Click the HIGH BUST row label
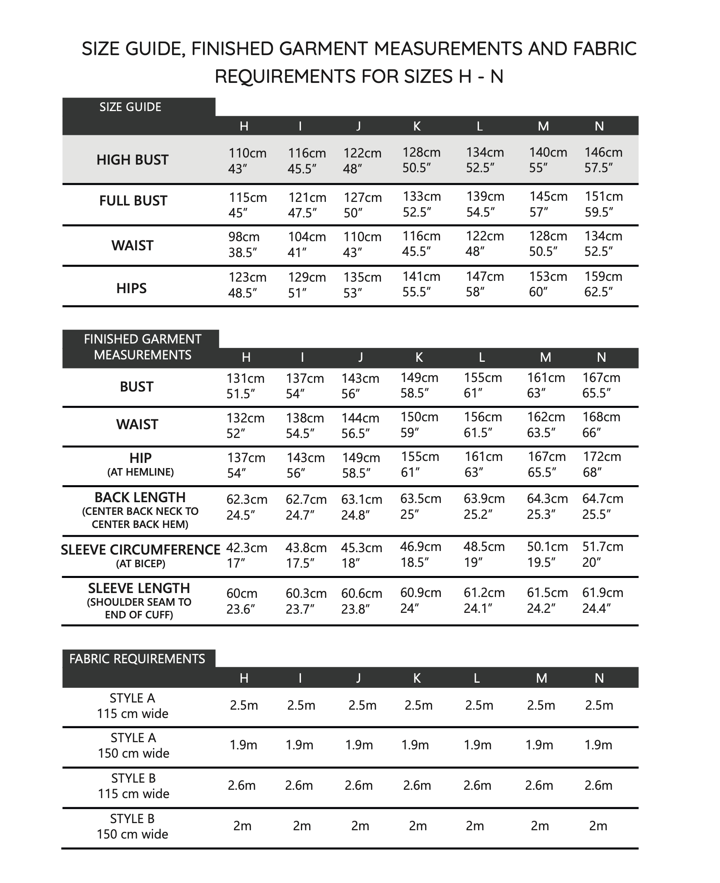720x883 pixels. [x=132, y=160]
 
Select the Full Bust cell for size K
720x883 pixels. [x=421, y=204]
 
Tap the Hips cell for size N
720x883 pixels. [x=603, y=284]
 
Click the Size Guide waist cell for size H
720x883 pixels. [x=244, y=244]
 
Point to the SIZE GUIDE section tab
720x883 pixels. [x=130, y=107]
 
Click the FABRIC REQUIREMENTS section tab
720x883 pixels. [x=137, y=658]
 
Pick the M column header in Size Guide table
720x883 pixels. [x=543, y=126]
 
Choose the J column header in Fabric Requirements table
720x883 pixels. [x=358, y=678]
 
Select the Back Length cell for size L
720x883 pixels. [x=484, y=506]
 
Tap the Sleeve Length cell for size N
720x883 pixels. [x=603, y=600]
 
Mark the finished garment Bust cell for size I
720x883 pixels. [x=305, y=386]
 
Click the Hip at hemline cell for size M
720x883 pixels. [x=547, y=465]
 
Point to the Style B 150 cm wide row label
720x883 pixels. [x=132, y=826]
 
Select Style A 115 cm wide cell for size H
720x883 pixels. [x=244, y=705]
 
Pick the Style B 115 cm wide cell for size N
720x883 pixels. [x=598, y=785]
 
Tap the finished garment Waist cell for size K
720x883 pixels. [x=419, y=425]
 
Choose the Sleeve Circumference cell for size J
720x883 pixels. [x=361, y=555]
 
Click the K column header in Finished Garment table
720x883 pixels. [x=419, y=357]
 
